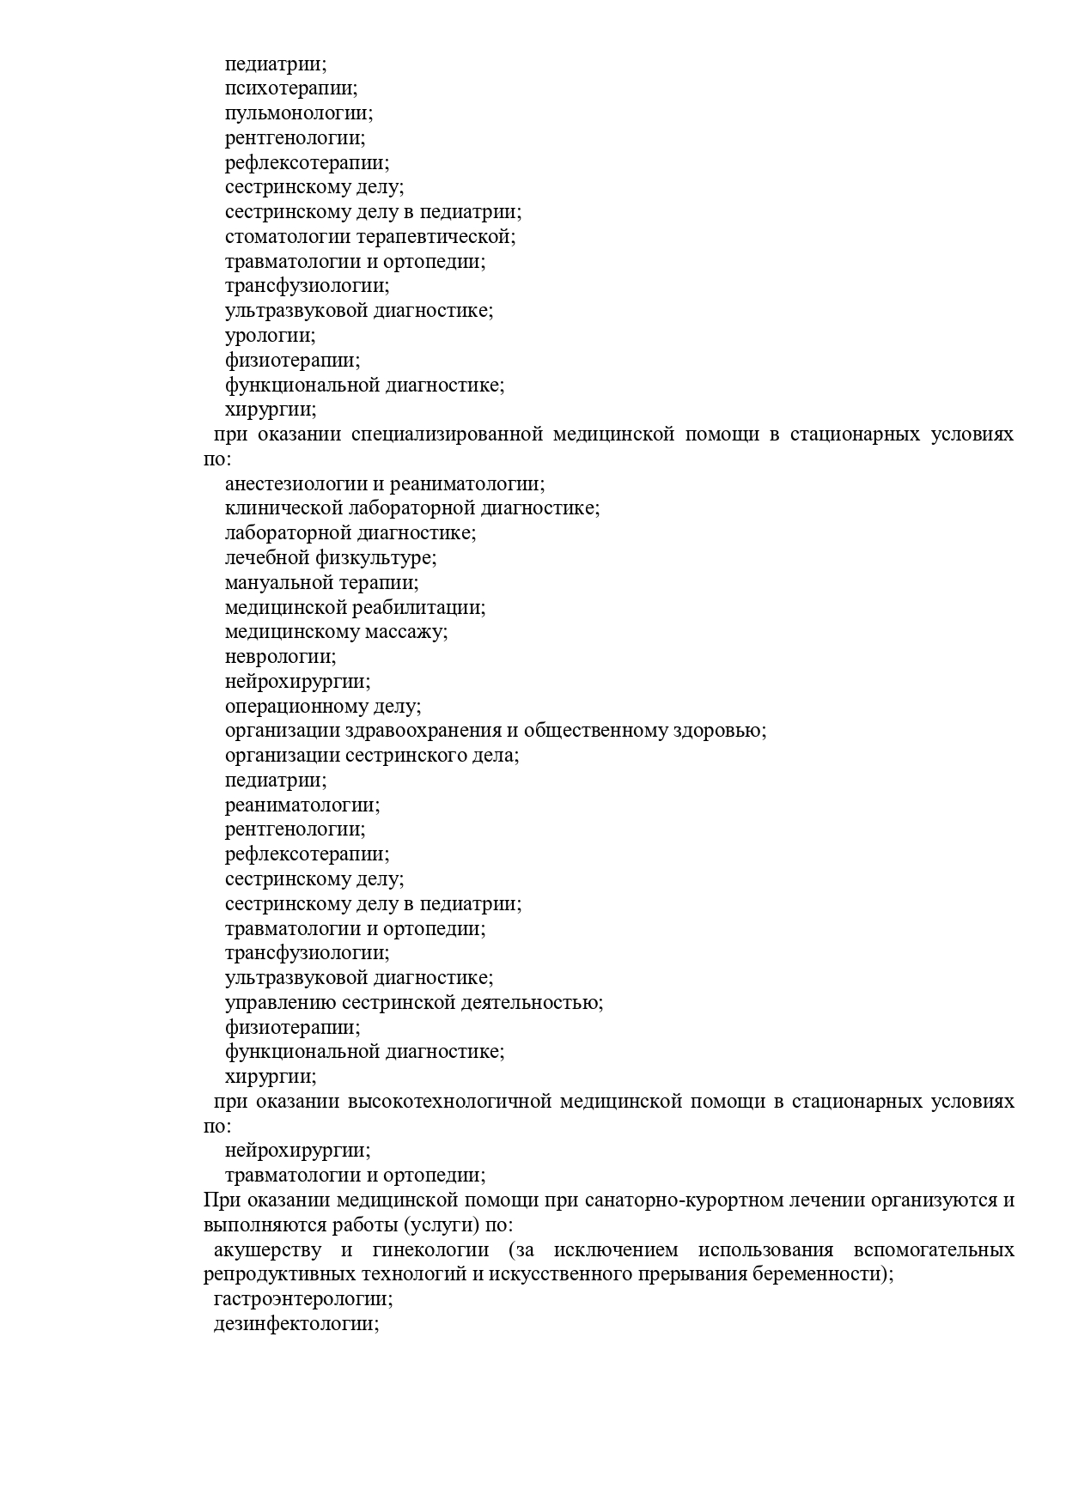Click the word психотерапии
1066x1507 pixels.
pyautogui.click(x=291, y=88)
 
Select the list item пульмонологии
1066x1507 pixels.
pyautogui.click(x=299, y=113)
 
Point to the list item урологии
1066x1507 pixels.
pyautogui.click(x=270, y=336)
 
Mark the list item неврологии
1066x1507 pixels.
pyautogui.click(x=280, y=657)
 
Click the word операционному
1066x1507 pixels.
pyautogui.click(x=296, y=707)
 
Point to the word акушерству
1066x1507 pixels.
pyautogui.click(x=268, y=1250)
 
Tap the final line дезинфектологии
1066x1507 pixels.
pyautogui.click(x=296, y=1324)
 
